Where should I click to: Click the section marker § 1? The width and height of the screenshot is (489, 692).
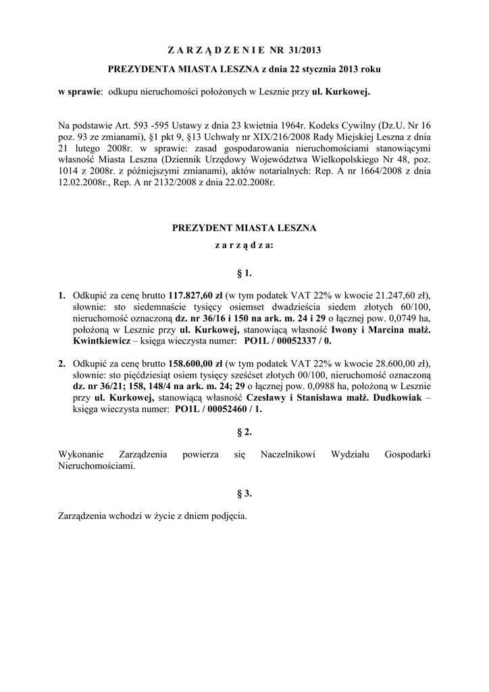point(244,273)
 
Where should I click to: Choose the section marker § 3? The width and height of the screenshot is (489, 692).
point(244,493)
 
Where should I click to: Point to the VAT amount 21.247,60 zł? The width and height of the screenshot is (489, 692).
point(398,295)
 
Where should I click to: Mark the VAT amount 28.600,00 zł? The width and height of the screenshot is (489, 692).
point(398,363)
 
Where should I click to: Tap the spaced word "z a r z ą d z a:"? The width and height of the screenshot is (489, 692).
point(244,246)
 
